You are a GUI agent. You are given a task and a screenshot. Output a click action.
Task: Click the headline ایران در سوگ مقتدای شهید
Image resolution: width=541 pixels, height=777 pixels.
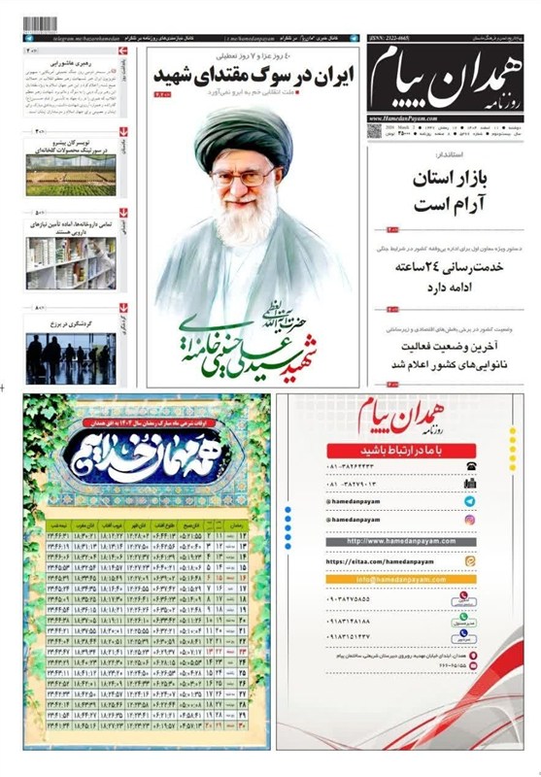(x=256, y=78)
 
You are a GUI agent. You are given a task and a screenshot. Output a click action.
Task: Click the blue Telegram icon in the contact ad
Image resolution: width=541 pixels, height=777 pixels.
(x=470, y=501)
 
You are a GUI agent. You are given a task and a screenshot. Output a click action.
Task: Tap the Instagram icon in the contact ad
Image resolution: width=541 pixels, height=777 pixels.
(x=470, y=520)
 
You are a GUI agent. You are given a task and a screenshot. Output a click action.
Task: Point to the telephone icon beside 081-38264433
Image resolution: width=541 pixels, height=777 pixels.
(x=470, y=466)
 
